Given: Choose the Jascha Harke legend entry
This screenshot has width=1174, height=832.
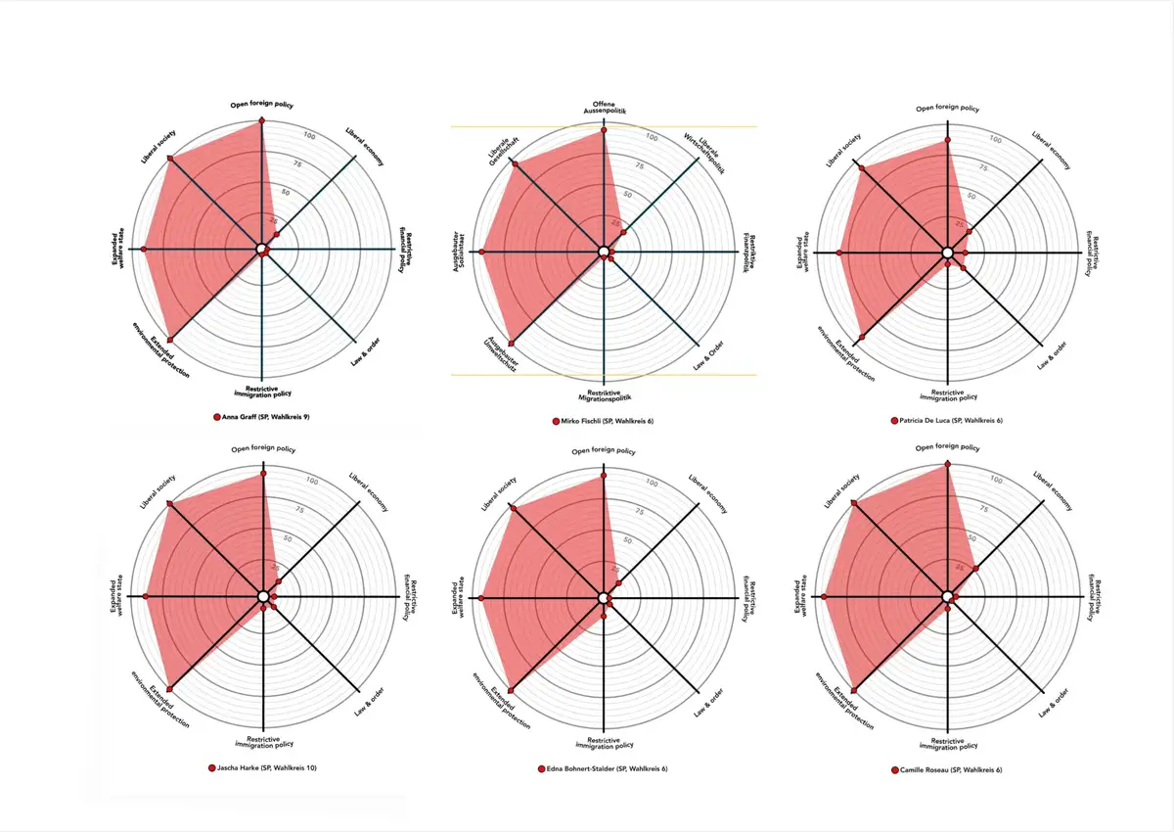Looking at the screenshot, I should pos(267,767).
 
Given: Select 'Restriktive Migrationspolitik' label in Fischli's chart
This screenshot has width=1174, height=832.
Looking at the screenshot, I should pos(605,394).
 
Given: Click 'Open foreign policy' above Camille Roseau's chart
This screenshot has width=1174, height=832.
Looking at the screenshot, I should pos(947,447).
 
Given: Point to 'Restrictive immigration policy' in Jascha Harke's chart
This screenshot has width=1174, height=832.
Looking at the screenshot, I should pos(264,743).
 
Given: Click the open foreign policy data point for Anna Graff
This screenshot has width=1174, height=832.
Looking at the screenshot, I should pos(262,121).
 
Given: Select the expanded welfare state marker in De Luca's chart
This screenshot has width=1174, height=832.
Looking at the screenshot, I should pos(839,254).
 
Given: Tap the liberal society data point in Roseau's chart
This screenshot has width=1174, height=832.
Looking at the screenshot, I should pos(855,504).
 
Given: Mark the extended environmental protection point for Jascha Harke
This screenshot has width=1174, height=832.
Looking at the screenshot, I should pos(171,689).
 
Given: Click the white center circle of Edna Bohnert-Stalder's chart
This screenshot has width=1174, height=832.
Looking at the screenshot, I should pos(604,597).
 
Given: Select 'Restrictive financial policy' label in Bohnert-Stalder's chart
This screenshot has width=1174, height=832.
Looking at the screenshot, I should pos(745,597).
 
